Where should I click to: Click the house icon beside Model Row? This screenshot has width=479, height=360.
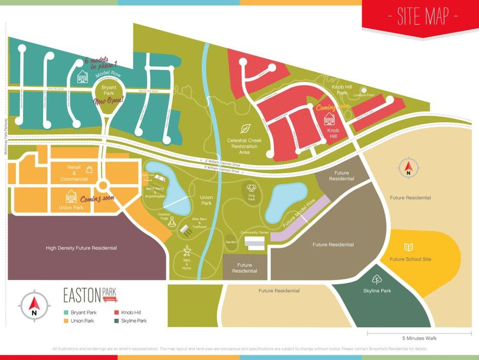pos(83,77)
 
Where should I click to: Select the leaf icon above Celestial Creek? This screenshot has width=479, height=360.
pos(245,129)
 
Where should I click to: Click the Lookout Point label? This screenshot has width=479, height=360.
pos(377,95)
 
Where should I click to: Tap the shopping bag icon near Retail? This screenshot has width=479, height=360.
pos(89,169)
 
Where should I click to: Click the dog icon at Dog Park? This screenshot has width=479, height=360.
pos(252,188)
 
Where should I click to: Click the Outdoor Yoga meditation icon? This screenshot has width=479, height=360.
pos(172,223)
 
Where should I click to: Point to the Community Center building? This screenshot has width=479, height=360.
pos(254,242)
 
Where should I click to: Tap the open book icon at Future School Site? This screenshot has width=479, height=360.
pos(409,247)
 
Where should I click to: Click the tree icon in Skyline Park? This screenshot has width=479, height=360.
pos(376,280)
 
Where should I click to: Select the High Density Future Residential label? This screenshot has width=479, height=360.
pos(81,248)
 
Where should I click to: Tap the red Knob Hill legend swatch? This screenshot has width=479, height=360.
pos(117,312)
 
